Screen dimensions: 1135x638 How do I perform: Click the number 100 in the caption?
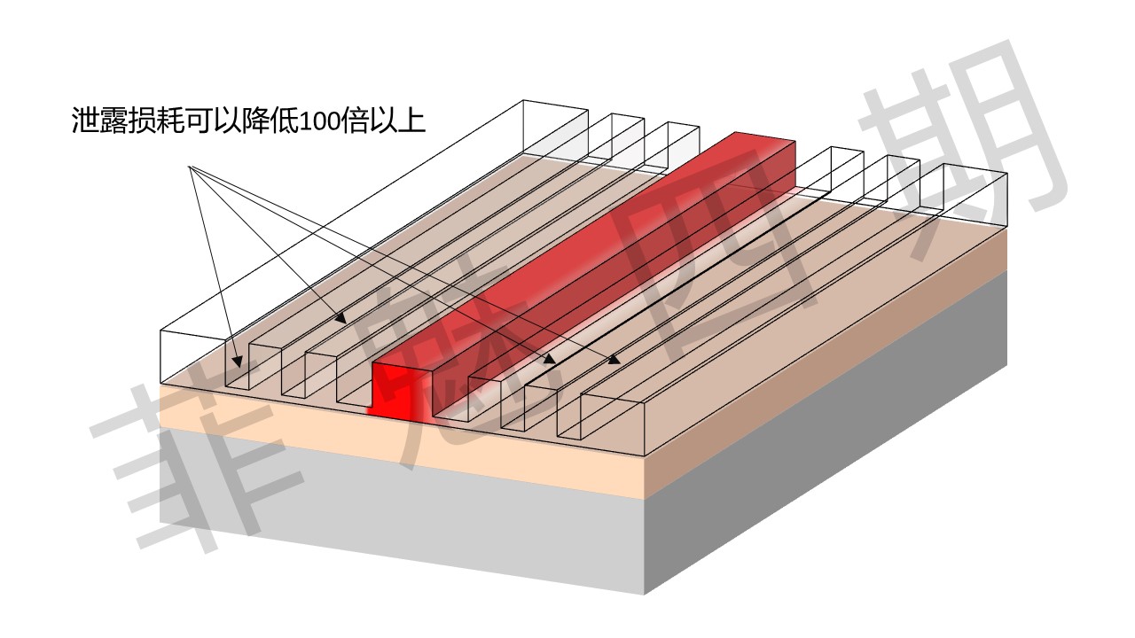click(320, 121)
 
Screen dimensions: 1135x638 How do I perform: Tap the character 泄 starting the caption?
click(84, 121)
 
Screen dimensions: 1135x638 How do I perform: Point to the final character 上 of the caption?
click(411, 121)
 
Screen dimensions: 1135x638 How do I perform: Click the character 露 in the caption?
click(113, 121)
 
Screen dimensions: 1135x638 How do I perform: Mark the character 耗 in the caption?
click(169, 121)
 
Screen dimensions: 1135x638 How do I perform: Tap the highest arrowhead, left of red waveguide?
click(341, 318)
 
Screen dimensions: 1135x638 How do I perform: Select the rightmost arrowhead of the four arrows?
click(615, 360)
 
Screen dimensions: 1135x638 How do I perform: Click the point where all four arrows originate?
click(189, 166)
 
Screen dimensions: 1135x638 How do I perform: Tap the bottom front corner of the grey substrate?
click(644, 595)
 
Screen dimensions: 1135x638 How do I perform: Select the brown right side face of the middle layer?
click(825, 364)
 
